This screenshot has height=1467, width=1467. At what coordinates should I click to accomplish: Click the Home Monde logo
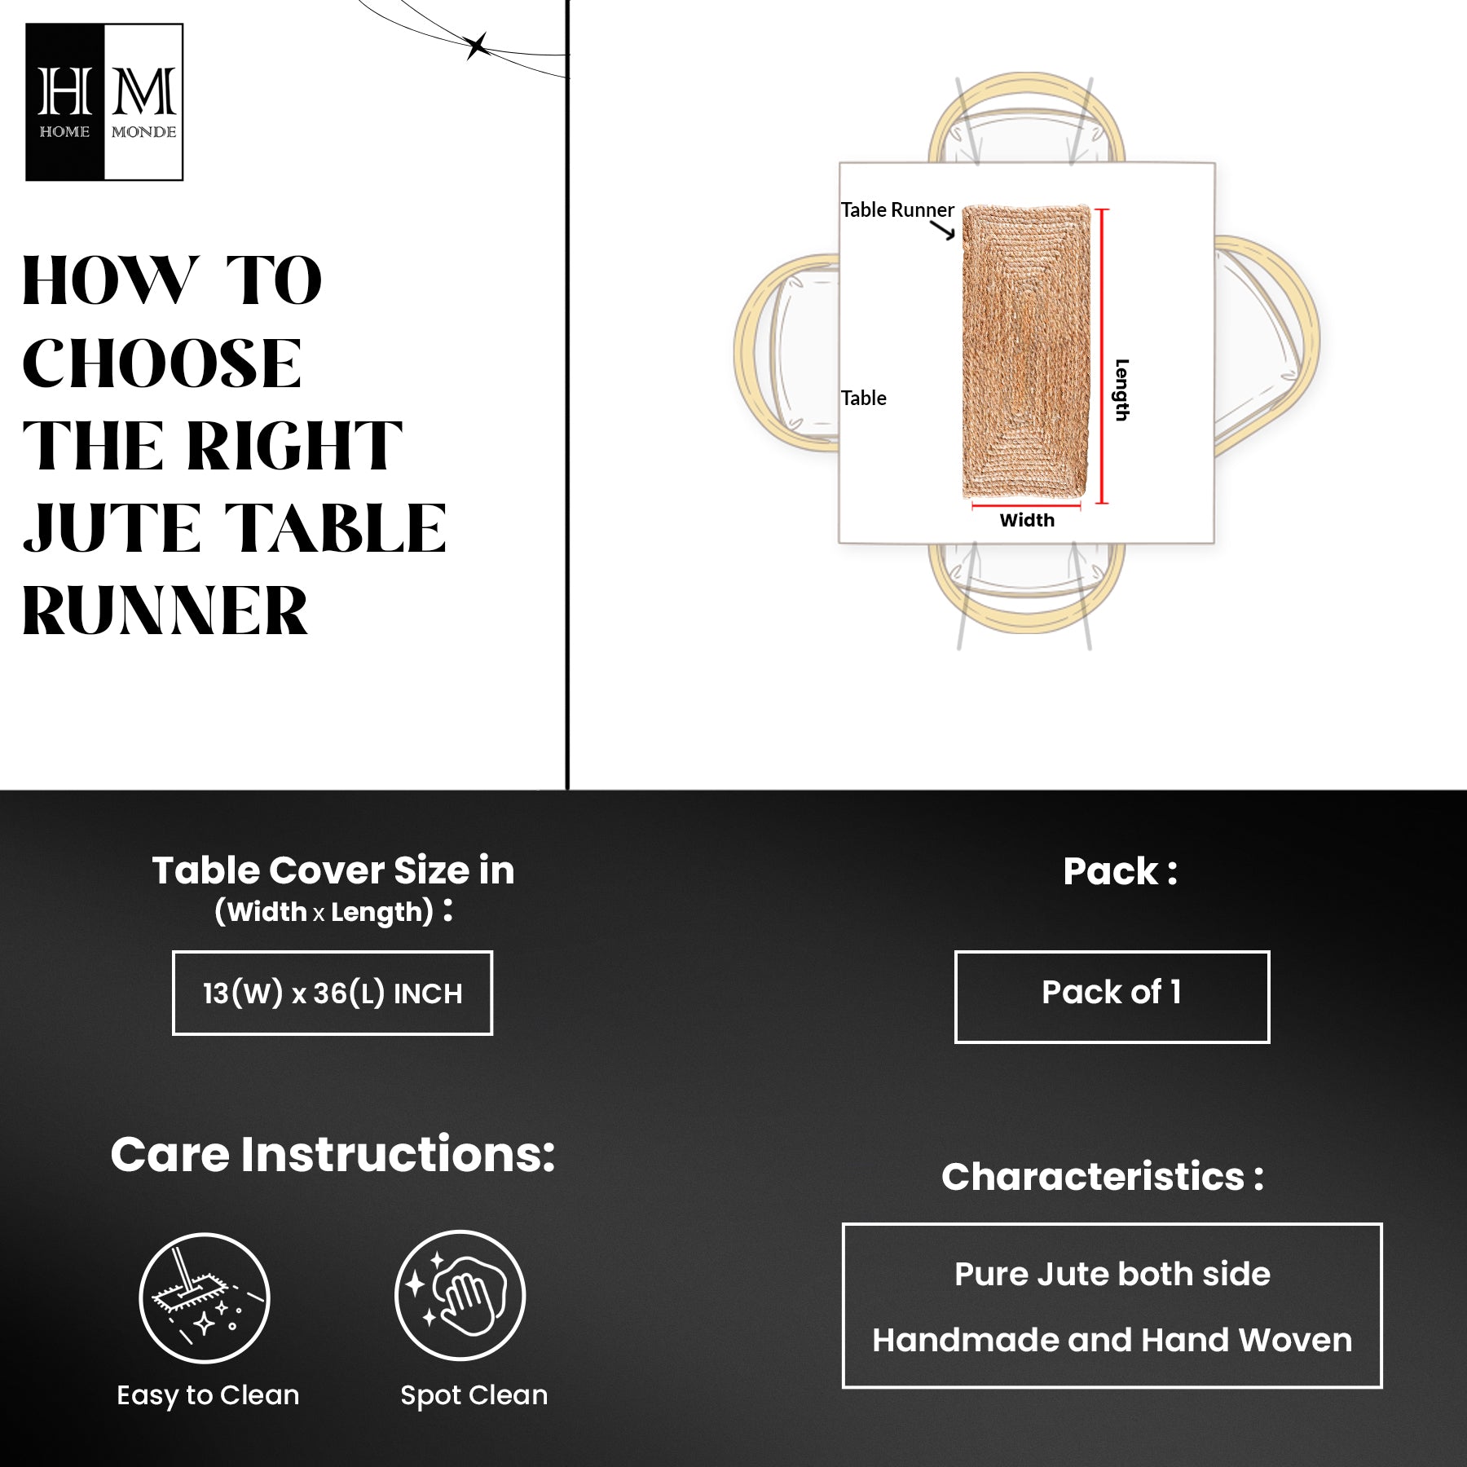[x=104, y=102]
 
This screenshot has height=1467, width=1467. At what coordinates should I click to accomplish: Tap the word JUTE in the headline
[x=112, y=528]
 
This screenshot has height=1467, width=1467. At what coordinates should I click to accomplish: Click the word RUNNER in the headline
[x=165, y=611]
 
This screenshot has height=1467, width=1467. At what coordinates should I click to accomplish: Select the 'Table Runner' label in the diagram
[x=896, y=209]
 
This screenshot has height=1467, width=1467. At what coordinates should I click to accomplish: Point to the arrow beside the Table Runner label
[x=943, y=231]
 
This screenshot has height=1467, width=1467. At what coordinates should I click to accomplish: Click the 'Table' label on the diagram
[x=863, y=398]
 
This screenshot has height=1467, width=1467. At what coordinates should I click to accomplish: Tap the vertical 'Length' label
[x=1122, y=390]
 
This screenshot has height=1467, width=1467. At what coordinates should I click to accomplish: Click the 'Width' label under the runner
[x=1027, y=520]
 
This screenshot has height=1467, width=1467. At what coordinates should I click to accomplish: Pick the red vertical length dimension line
[x=1102, y=356]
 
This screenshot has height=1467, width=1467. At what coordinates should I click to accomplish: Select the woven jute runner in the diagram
[x=1027, y=351]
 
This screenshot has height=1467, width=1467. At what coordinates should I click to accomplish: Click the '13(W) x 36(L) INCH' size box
[x=333, y=993]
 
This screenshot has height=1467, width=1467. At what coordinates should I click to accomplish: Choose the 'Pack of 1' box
[x=1112, y=996]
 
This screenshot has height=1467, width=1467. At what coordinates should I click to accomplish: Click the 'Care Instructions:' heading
[x=333, y=1154]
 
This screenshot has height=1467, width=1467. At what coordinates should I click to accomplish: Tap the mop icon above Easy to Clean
[x=205, y=1297]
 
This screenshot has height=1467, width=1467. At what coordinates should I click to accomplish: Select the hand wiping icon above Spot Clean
[x=460, y=1296]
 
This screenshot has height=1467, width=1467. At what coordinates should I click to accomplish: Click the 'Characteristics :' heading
[x=1103, y=1176]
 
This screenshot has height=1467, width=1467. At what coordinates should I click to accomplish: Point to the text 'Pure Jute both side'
[x=1112, y=1274]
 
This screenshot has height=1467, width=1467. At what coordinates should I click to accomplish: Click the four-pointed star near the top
[x=477, y=46]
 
